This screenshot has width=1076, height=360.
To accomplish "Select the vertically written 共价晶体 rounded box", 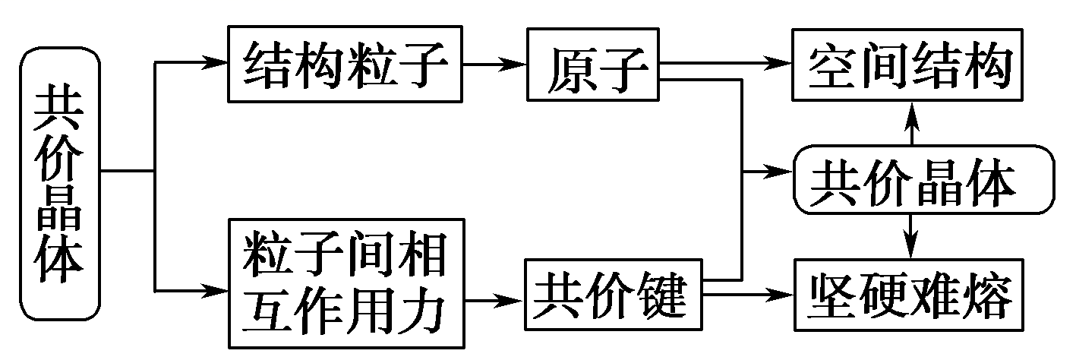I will click(60, 182).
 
